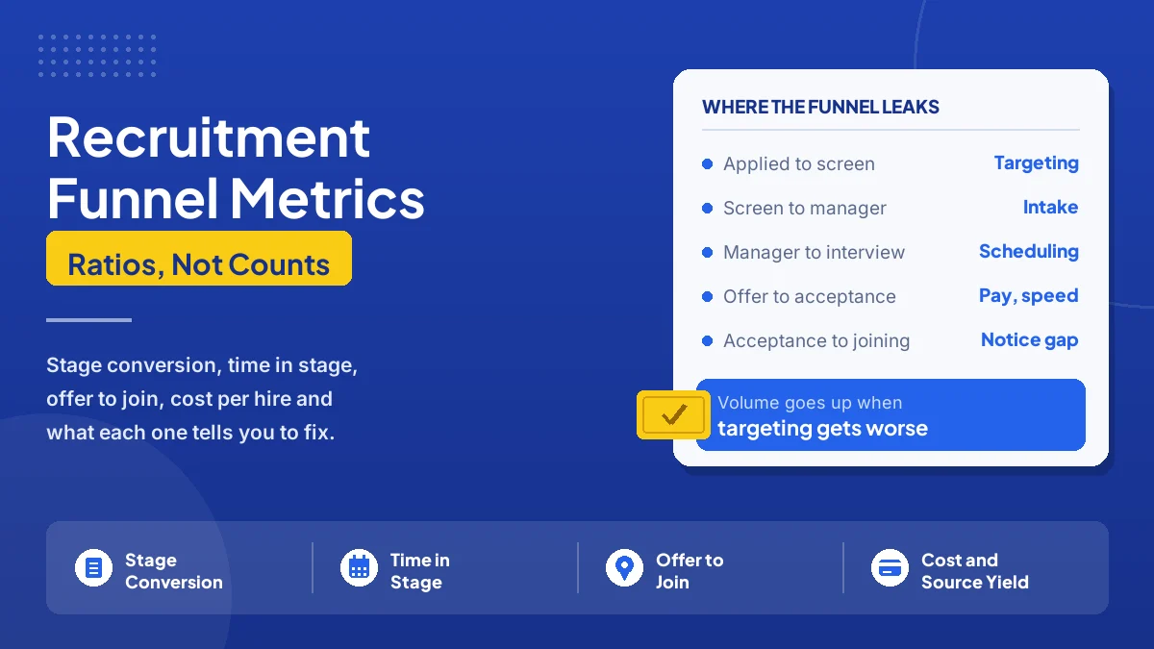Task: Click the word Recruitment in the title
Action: click(x=209, y=137)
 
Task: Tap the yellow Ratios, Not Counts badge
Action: click(x=199, y=258)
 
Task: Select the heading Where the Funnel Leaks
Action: click(x=820, y=107)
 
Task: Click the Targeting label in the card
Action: click(x=1036, y=163)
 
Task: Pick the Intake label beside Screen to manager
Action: click(x=1050, y=207)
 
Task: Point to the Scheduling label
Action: click(x=1029, y=252)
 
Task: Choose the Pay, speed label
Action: click(x=1028, y=296)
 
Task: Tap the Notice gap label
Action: click(x=1029, y=340)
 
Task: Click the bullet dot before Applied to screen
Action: click(x=708, y=163)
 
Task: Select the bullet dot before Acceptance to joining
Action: click(x=708, y=341)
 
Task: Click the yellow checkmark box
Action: click(x=673, y=414)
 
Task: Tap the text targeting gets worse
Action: click(x=822, y=429)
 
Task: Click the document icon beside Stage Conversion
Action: click(x=93, y=568)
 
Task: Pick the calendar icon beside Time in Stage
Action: click(x=359, y=568)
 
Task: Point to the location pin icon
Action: click(x=624, y=568)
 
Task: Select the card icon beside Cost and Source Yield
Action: click(x=890, y=568)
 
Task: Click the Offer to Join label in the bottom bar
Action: click(x=690, y=571)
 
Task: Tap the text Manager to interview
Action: click(x=814, y=252)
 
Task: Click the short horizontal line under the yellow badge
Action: click(x=88, y=320)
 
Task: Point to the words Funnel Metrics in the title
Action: click(x=236, y=199)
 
